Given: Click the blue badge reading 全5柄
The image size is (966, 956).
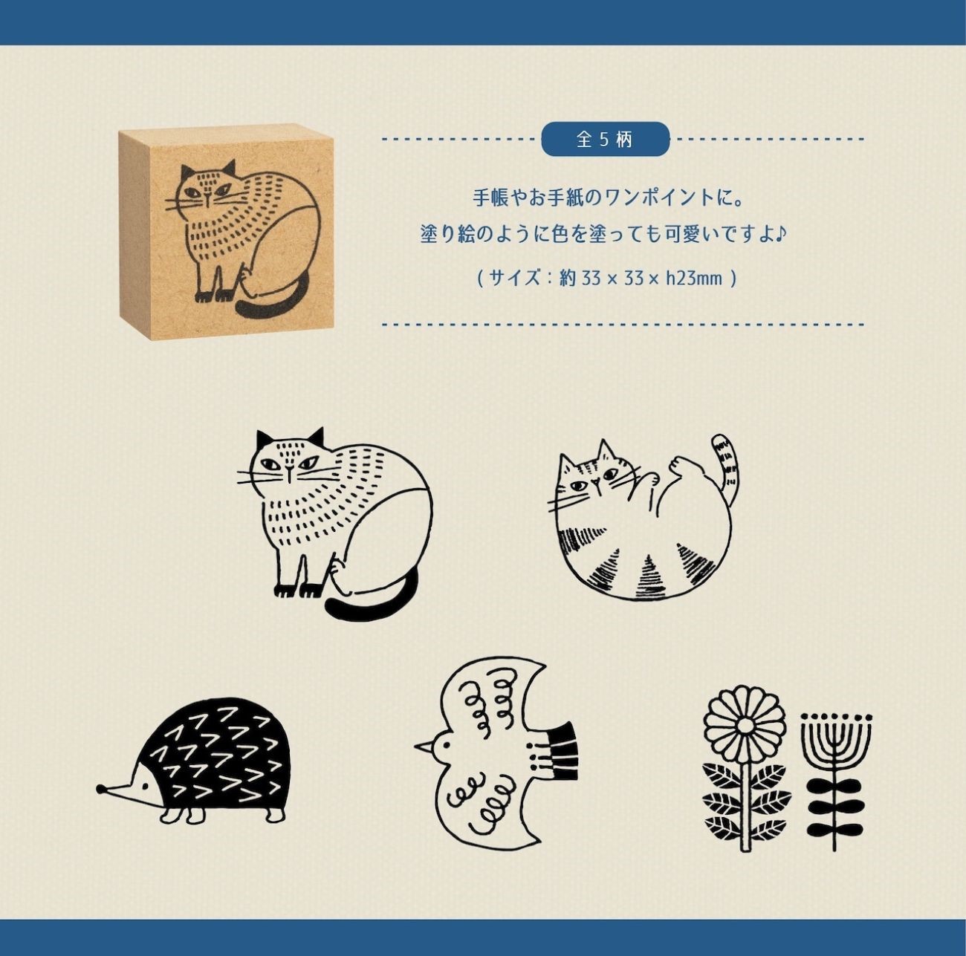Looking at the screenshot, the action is (605, 139).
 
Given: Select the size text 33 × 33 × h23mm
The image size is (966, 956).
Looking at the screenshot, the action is (652, 279).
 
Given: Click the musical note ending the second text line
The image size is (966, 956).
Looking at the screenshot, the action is (780, 233).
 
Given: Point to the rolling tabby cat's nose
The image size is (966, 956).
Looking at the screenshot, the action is (594, 482).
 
